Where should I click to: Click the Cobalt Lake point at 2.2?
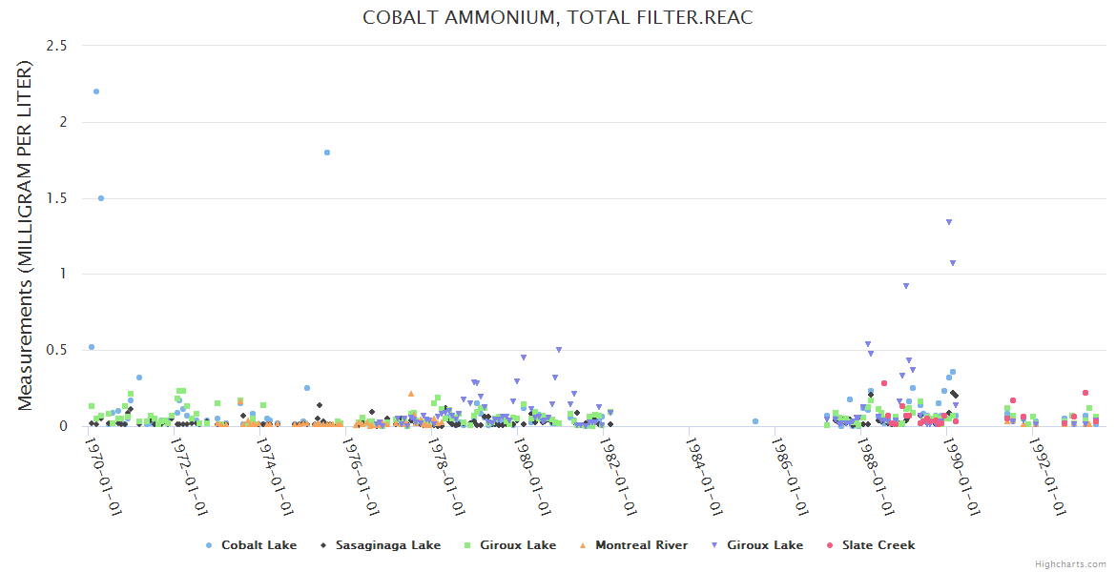96,92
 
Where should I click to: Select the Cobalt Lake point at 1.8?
327,153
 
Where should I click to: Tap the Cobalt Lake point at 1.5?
101,198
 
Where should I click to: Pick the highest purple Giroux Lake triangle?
948,222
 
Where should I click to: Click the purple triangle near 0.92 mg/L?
906,286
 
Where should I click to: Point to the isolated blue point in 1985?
755,421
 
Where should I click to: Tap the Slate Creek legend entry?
877,545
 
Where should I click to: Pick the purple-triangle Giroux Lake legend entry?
764,545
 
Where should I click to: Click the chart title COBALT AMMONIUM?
557,18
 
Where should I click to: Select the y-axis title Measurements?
26,236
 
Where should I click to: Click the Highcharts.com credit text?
1070,564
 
